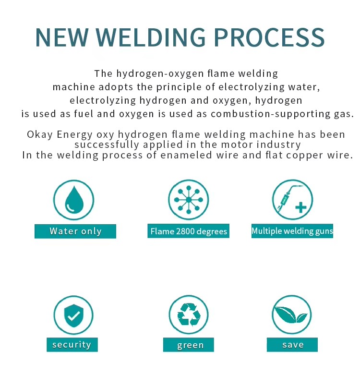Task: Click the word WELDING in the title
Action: [x=151, y=37]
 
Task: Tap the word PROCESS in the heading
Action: [x=269, y=37]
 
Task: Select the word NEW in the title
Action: [x=62, y=37]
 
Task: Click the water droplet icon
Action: [x=74, y=200]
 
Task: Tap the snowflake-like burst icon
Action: [x=189, y=200]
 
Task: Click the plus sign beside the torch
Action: [x=301, y=207]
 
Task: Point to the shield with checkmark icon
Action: [x=73, y=315]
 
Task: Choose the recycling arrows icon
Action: [x=189, y=314]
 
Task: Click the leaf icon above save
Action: [x=291, y=315]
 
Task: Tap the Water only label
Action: [x=75, y=231]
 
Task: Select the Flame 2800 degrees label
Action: [x=188, y=231]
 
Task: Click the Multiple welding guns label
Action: [x=292, y=230]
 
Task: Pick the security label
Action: [x=72, y=345]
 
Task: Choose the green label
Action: [x=189, y=345]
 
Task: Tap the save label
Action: [x=292, y=345]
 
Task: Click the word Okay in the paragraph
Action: [x=40, y=135]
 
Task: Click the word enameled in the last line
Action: [x=186, y=155]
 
